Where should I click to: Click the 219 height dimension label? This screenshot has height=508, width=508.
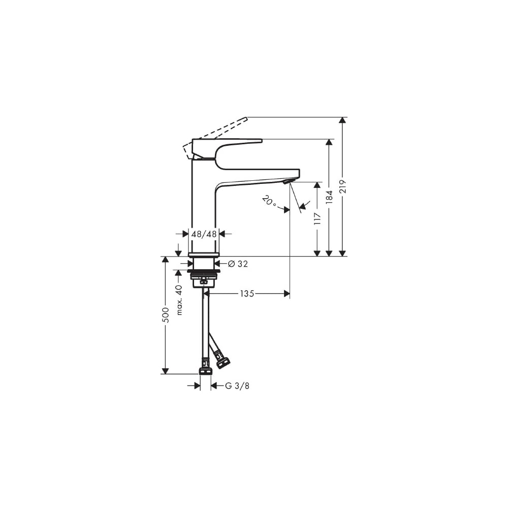[x=343, y=186]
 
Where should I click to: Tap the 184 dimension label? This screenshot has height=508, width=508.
[x=329, y=197]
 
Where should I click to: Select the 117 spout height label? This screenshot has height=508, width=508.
[x=317, y=218]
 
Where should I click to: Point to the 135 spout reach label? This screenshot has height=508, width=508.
[x=247, y=294]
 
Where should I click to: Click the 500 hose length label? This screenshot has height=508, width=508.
[x=165, y=315]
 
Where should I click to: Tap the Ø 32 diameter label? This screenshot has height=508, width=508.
[x=238, y=264]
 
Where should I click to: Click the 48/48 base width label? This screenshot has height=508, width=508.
[x=204, y=234]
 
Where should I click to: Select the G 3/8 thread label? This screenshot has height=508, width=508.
[x=237, y=386]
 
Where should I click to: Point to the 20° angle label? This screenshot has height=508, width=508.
[x=269, y=201]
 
